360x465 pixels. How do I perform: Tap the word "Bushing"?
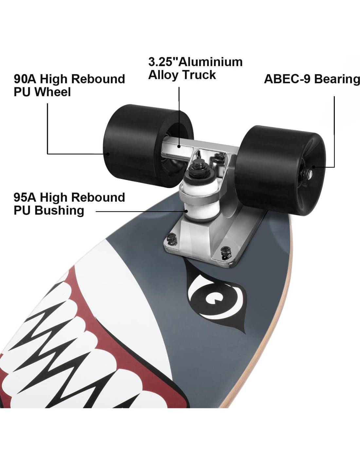coord(59,210)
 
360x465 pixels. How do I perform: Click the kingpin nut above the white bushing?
coord(198,165)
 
